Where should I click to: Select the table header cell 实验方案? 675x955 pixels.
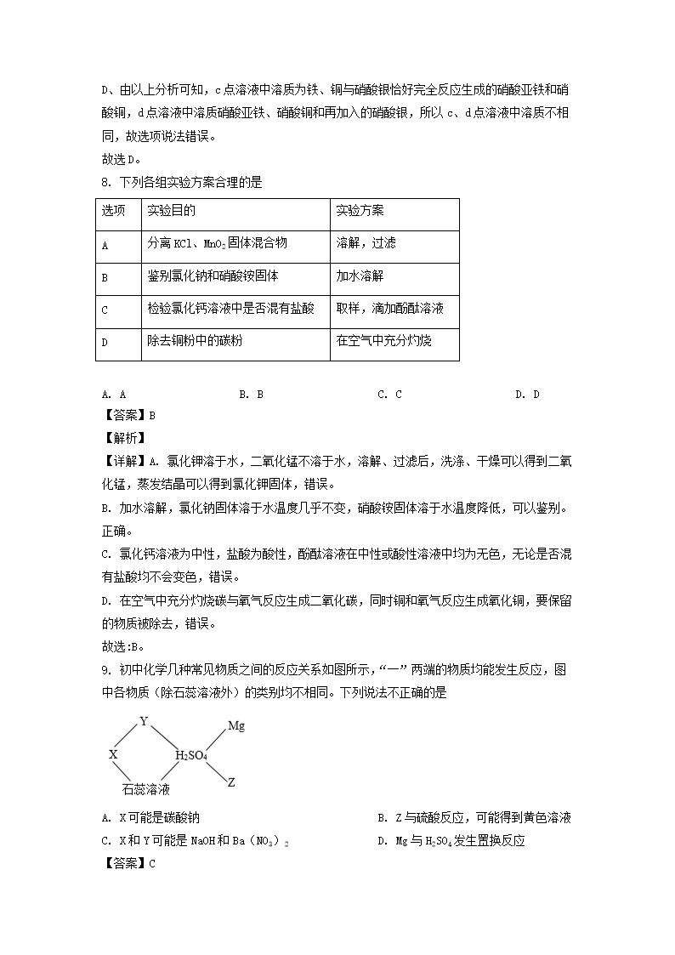pyautogui.click(x=360, y=211)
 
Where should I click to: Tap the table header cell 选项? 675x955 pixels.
pyautogui.click(x=114, y=211)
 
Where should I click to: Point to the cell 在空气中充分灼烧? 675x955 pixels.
pyautogui.click(x=383, y=341)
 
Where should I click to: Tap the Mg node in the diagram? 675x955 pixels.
pyautogui.click(x=236, y=726)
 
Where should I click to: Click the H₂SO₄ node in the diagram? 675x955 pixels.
pyautogui.click(x=191, y=755)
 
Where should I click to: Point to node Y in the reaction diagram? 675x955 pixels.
pyautogui.click(x=144, y=721)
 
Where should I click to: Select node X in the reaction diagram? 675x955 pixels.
pyautogui.click(x=113, y=754)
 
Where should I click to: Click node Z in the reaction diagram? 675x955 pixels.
pyautogui.click(x=231, y=782)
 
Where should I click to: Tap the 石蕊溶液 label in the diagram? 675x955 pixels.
pyautogui.click(x=146, y=789)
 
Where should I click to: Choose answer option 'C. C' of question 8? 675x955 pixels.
pyautogui.click(x=389, y=394)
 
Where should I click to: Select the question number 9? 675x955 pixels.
pyautogui.click(x=105, y=670)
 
